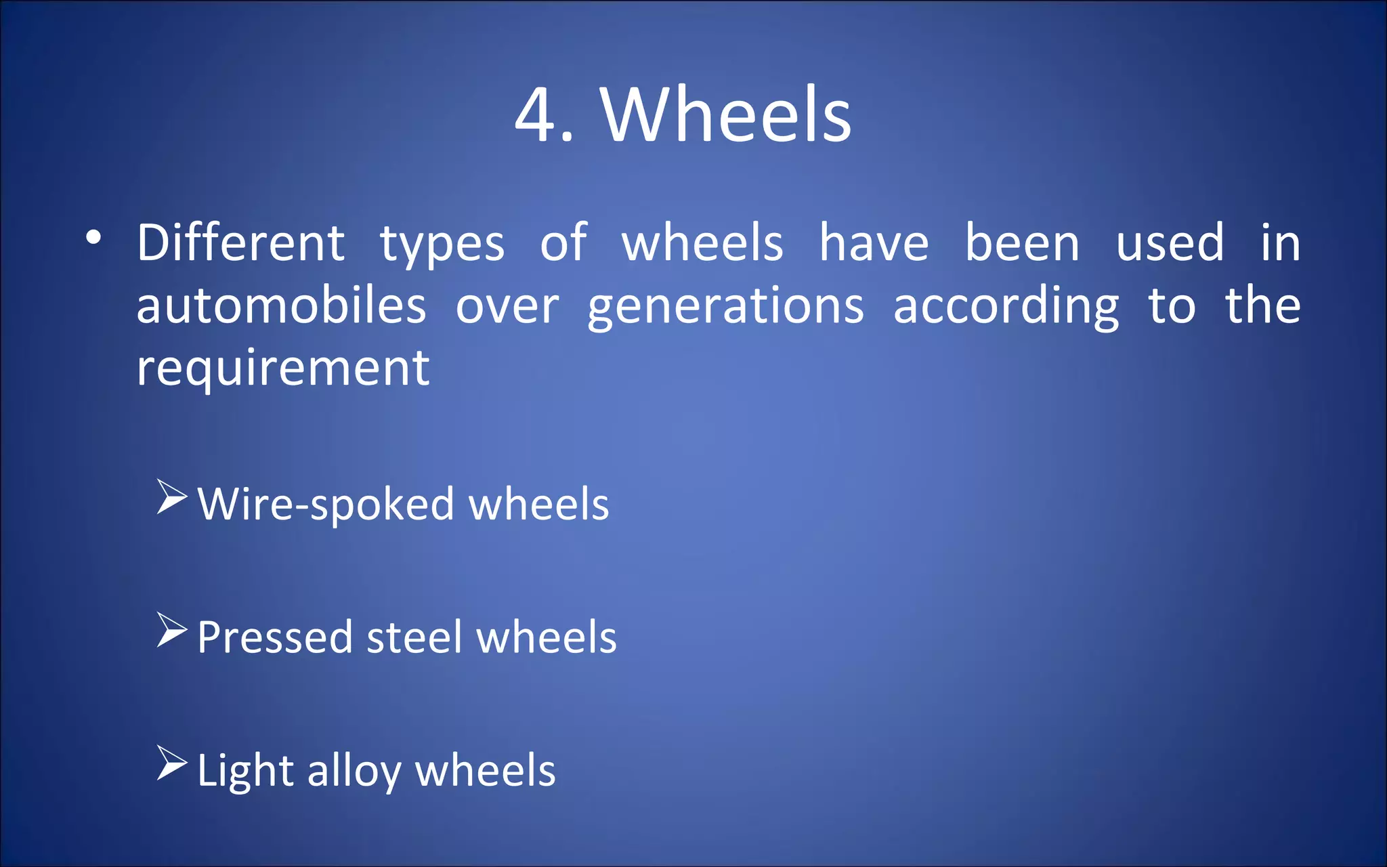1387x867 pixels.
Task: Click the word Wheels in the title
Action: pos(726,114)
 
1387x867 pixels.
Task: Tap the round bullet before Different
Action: pos(93,237)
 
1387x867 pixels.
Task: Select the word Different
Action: pos(240,242)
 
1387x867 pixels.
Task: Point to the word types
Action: pos(442,245)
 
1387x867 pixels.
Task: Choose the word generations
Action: pos(726,308)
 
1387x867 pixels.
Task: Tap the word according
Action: pos(1006,308)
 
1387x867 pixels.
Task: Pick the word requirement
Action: pos(283,369)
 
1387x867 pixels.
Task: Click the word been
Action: pos(1022,242)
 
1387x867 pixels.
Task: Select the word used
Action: pos(1170,242)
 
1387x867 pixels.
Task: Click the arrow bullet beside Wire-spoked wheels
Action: pos(172,498)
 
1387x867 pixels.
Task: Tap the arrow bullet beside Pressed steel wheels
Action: pos(172,631)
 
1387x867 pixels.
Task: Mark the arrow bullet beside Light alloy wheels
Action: pos(172,763)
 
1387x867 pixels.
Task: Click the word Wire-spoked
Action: pos(326,505)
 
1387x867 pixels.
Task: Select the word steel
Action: pos(415,637)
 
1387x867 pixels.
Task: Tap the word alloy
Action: pos(354,772)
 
